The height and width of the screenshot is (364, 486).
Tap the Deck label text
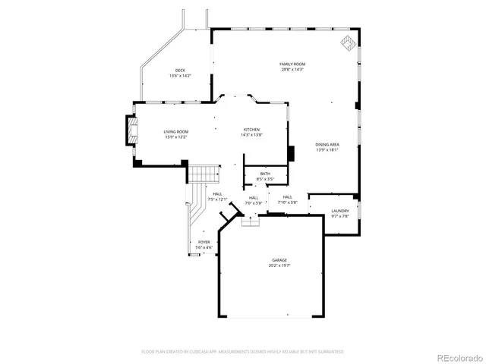[180, 70]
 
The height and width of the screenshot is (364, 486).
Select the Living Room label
[176, 132]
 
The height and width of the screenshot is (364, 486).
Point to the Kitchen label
[251, 129]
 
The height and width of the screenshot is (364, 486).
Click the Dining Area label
[327, 144]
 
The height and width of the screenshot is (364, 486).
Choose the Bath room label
[265, 174]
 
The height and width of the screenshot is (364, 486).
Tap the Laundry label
[339, 211]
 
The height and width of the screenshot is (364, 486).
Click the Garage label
[279, 260]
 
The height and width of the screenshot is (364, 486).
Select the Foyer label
[204, 242]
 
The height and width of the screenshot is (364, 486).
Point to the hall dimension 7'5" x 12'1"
[218, 199]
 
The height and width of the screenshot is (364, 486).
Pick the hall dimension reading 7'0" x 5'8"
[254, 202]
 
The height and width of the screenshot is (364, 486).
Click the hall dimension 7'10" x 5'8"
[288, 202]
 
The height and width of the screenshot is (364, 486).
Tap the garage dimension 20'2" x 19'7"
[279, 265]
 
